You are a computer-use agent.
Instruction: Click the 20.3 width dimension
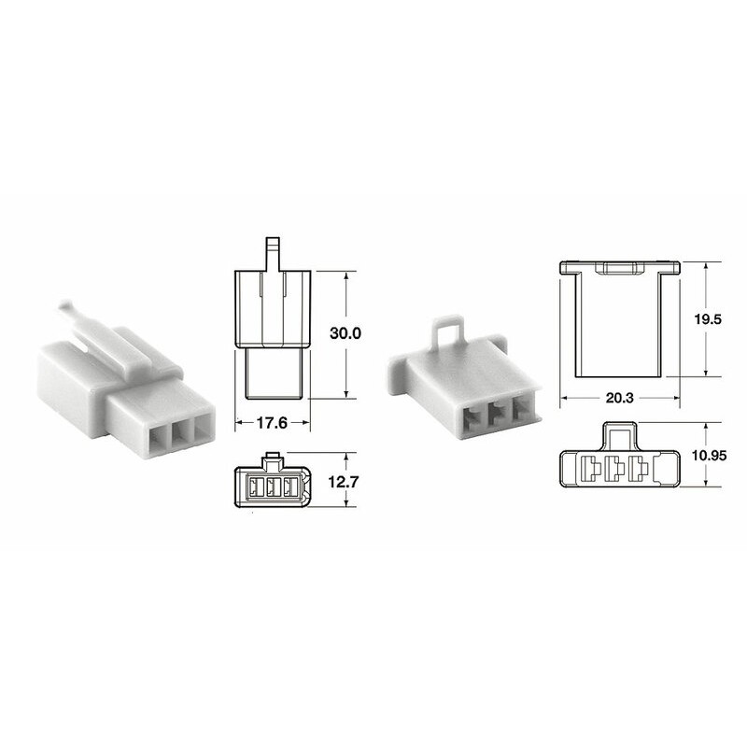coord(618,399)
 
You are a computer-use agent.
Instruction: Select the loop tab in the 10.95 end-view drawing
coord(618,433)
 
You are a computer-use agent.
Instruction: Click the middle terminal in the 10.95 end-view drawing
coord(616,469)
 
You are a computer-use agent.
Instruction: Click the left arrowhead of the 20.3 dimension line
coord(564,399)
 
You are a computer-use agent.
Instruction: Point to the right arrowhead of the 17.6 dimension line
coord(307,423)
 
